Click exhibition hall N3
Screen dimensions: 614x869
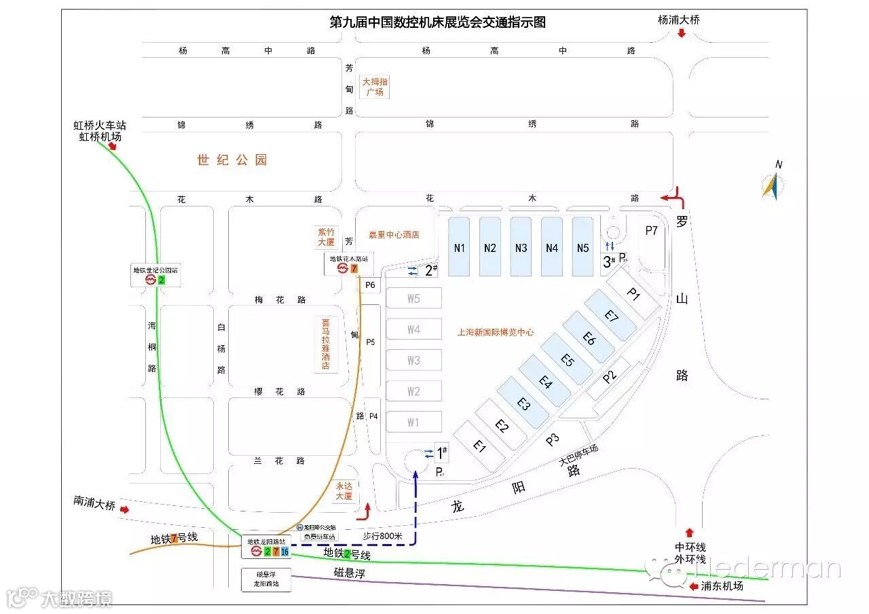521,247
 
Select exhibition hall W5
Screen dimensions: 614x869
413,298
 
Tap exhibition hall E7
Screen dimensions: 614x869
612,316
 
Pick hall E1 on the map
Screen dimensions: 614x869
480,446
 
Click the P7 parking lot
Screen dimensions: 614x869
652,231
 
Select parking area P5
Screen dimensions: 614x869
371,342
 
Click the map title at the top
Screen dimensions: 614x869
437,22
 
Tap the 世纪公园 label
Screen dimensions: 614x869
232,160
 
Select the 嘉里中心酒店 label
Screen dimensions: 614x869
394,235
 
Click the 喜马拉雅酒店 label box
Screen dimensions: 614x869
326,344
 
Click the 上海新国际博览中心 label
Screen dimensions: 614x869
496,333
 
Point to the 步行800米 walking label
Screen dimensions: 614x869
382,536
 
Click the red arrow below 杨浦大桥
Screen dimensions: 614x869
681,33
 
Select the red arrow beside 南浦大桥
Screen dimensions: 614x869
124,509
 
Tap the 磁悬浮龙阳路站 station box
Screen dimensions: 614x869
266,579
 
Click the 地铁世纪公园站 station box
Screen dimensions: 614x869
156,275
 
